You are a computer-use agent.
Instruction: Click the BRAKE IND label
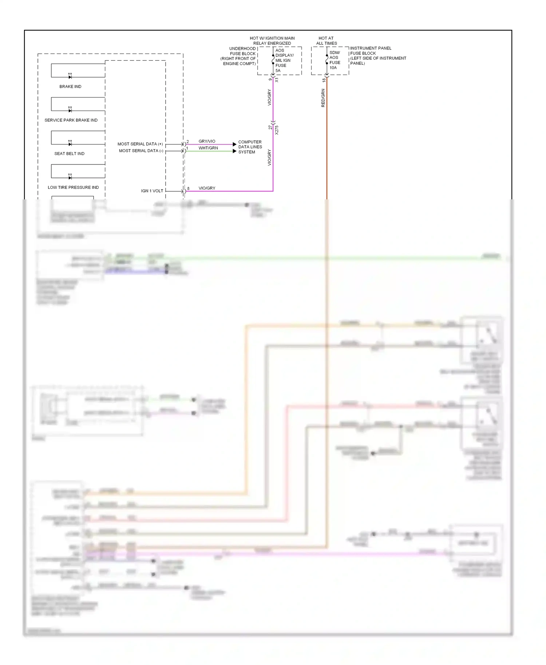(x=70, y=87)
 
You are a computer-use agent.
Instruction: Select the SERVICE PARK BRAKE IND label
(x=71, y=120)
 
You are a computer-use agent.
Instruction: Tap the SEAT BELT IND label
(x=69, y=154)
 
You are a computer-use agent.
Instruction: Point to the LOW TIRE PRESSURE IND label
(x=73, y=187)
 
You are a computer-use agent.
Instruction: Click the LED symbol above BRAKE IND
(x=70, y=76)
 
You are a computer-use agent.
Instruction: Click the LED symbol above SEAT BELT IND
(x=70, y=143)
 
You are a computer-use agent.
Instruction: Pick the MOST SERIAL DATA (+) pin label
(x=140, y=144)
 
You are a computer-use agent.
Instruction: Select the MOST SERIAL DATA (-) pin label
(x=141, y=151)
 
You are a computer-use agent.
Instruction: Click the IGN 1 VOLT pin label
(x=152, y=191)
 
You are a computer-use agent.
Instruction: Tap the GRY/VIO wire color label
(x=207, y=141)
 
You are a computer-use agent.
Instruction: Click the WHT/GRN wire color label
(x=208, y=148)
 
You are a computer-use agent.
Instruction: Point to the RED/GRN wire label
(x=323, y=98)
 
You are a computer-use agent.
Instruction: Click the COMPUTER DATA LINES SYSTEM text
(x=250, y=147)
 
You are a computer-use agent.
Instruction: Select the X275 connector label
(x=277, y=130)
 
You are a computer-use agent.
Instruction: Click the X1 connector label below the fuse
(x=277, y=80)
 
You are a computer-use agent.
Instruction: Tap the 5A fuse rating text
(x=278, y=71)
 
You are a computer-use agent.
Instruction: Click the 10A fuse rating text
(x=333, y=68)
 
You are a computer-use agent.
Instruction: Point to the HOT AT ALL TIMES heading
(x=326, y=40)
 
